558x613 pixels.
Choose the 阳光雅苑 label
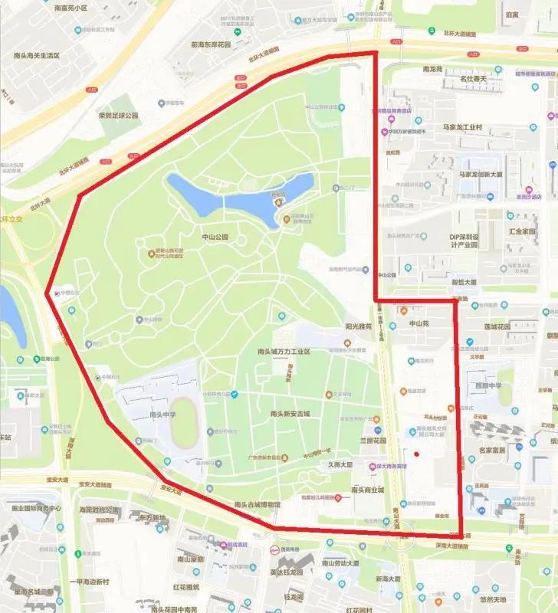point(358,326)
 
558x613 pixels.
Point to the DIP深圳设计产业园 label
point(474,241)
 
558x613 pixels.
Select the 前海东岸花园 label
point(216,44)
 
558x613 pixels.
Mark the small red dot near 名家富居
point(416,454)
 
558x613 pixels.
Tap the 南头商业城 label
point(367,490)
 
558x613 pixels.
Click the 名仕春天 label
point(479,78)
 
